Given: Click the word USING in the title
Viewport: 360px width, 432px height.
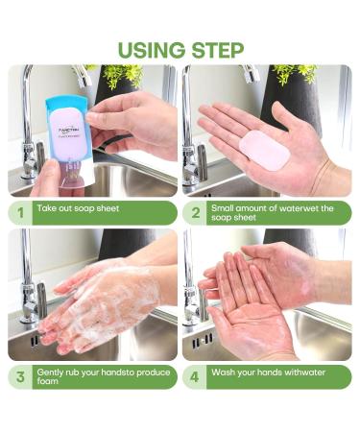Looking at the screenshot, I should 149,49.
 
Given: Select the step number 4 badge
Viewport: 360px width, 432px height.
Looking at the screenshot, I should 195,376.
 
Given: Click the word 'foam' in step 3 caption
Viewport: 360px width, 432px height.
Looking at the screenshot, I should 52,381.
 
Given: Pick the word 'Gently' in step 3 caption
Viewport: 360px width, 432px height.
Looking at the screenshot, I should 52,372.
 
